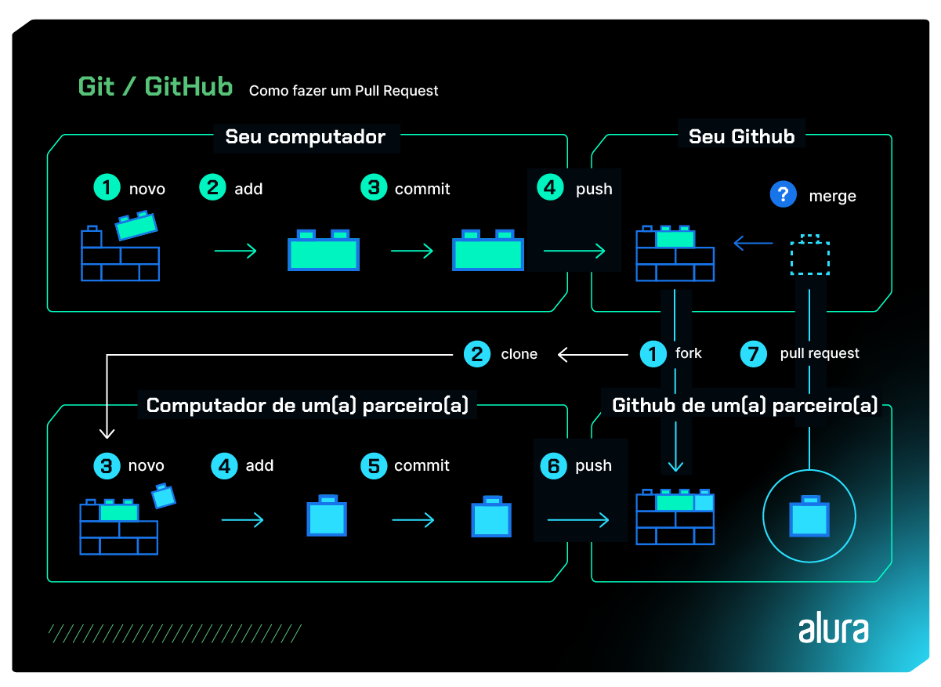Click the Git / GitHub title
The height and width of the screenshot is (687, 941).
(155, 87)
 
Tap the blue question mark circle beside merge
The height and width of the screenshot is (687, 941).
(782, 195)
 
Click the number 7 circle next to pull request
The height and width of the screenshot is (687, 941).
(753, 354)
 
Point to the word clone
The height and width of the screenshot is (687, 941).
(519, 355)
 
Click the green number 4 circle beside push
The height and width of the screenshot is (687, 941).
(550, 188)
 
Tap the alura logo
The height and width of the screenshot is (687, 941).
(833, 629)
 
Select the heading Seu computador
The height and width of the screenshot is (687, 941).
(305, 137)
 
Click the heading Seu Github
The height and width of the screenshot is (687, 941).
(741, 136)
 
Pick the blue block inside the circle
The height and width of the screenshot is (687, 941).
(809, 516)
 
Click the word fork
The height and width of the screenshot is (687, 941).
(688, 353)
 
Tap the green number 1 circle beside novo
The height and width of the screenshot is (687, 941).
(106, 188)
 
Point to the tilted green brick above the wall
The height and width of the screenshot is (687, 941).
(136, 225)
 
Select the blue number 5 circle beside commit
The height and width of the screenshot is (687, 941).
(373, 466)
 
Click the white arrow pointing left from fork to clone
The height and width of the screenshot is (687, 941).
(592, 355)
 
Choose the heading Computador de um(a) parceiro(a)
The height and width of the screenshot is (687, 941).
(307, 406)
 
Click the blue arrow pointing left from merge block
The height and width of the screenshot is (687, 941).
(752, 244)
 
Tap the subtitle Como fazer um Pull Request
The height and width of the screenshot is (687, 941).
(343, 91)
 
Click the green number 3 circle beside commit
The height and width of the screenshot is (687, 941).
(374, 188)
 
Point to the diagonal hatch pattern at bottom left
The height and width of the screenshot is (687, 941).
(174, 633)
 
